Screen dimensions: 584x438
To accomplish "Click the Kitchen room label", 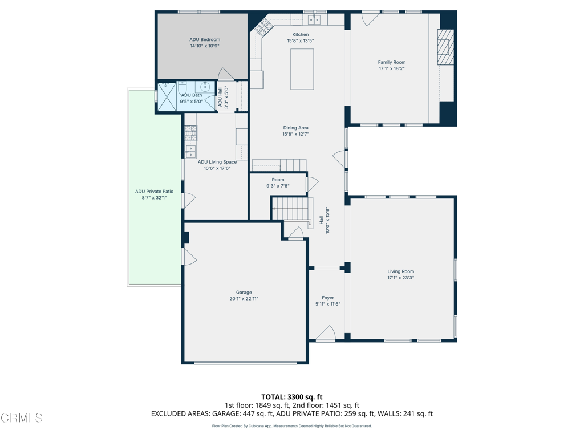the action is click(300, 35).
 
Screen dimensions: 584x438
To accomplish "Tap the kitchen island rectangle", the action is click(302, 69).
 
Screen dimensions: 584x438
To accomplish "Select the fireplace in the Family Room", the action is click(446, 47).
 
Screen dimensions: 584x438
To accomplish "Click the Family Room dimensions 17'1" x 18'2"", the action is click(392, 68).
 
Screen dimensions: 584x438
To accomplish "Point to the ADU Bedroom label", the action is click(205, 39).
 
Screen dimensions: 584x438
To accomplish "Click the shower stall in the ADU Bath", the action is click(167, 96).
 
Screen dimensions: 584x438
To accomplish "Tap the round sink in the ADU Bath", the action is click(205, 87).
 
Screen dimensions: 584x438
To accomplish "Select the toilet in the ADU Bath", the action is click(182, 88).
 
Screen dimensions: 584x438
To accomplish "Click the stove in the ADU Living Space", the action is click(190, 133).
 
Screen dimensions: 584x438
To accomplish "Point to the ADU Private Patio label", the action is click(154, 192).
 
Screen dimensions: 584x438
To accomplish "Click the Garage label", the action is click(244, 293).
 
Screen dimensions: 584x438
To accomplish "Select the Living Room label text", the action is click(401, 271).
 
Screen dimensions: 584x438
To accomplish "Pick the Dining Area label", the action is click(296, 128).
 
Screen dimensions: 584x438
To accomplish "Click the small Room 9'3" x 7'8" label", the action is click(278, 180).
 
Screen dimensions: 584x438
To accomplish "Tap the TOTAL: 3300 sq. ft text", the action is click(292, 397).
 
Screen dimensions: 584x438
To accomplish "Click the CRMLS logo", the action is click(22, 418).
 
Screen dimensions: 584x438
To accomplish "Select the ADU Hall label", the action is click(220, 97).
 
